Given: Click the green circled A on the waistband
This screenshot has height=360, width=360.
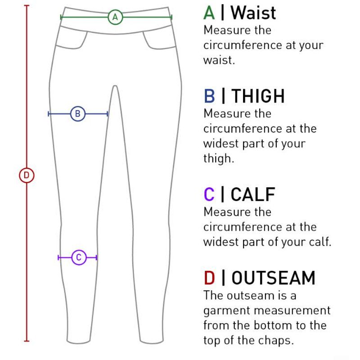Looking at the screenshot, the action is tap(115, 17).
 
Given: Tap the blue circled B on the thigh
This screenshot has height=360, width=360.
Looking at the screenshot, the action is tap(78, 114).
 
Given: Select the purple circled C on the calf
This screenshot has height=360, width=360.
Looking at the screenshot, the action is tap(79, 257).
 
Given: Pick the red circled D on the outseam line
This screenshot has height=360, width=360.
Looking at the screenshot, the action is tap(27, 175).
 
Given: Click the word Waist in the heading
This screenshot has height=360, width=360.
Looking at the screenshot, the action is tap(253, 13).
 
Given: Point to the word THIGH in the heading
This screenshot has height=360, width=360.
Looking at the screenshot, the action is tap(258, 96).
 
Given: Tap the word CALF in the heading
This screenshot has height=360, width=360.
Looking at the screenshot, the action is tap(253, 194).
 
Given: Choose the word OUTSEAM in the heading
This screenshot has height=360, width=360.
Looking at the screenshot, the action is tap(274, 278).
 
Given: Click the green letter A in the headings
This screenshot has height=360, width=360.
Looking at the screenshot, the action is tap(209, 13).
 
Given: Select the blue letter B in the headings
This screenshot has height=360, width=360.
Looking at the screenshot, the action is tap(209, 96).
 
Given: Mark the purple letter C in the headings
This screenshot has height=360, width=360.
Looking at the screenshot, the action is tap(209, 194).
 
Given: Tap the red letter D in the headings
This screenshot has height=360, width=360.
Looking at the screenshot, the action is tap(209, 278).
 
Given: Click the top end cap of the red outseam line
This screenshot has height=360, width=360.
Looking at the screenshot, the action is tap(27, 5).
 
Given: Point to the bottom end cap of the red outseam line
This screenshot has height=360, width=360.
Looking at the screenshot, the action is tap(27, 341).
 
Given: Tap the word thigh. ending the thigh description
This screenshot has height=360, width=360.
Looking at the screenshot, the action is tap(219, 158).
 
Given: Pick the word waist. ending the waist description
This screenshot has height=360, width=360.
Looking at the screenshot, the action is tap(219, 60).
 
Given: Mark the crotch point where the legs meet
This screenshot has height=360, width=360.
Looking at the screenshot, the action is tap(115, 86).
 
